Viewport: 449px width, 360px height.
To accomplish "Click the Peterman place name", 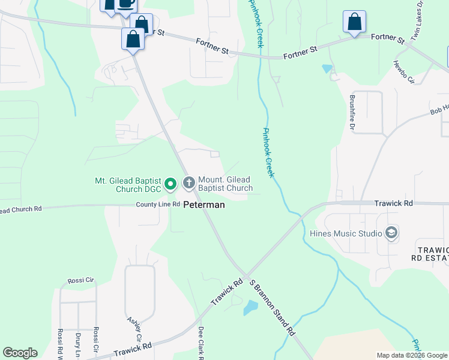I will [204, 205].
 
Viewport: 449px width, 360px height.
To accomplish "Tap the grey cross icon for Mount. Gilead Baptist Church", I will [188, 182].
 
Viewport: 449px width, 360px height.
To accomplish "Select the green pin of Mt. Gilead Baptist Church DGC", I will [170, 184].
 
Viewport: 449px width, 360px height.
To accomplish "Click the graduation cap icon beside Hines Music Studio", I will [391, 233].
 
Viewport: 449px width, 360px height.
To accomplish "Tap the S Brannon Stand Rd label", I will [272, 306].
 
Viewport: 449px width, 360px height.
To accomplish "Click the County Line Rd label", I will [158, 205].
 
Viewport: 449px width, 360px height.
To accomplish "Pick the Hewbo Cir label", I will [403, 71].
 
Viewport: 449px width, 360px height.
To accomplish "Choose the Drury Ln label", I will [78, 343].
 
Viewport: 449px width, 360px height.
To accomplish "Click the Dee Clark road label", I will [201, 343].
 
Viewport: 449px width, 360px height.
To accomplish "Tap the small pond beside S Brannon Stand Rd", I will [250, 308].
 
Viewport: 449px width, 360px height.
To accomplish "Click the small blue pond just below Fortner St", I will [327, 68].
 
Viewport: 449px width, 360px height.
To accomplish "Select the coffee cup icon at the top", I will [125, 4].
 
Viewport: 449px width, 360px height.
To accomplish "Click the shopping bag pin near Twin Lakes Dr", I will [354, 22].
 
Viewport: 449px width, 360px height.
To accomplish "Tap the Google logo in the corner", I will [20, 353].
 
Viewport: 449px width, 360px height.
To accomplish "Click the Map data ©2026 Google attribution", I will [411, 355].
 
